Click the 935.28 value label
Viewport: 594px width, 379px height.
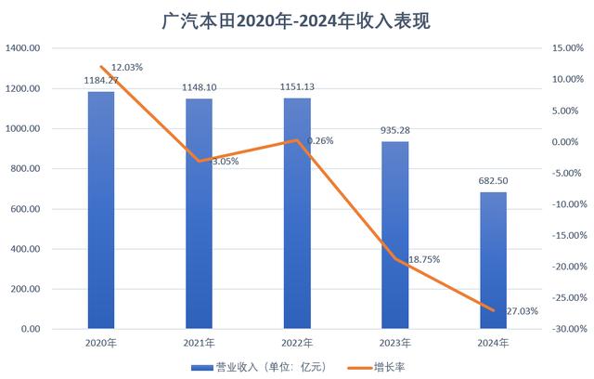(395, 131)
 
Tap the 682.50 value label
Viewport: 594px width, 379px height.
(494, 181)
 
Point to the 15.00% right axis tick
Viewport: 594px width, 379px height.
(565, 49)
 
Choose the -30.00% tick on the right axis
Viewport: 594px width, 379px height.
(565, 329)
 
